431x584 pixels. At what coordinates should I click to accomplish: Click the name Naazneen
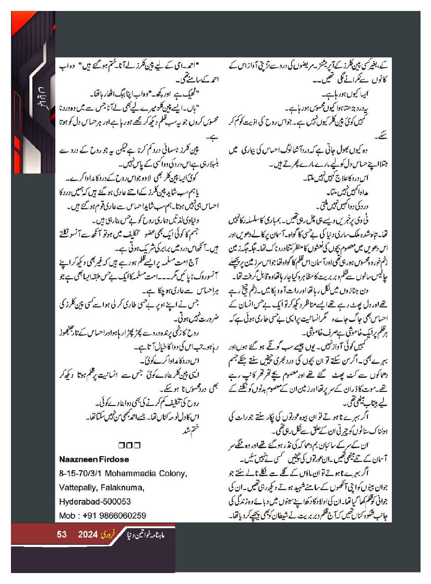(x=80, y=459)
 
